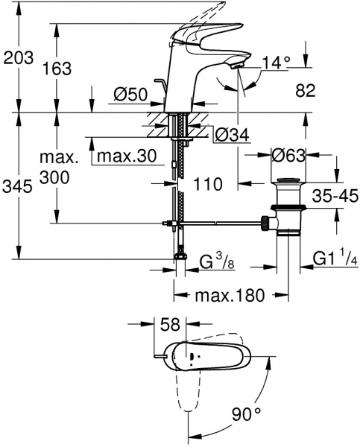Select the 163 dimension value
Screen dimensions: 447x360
57,69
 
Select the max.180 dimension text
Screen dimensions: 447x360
230,296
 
